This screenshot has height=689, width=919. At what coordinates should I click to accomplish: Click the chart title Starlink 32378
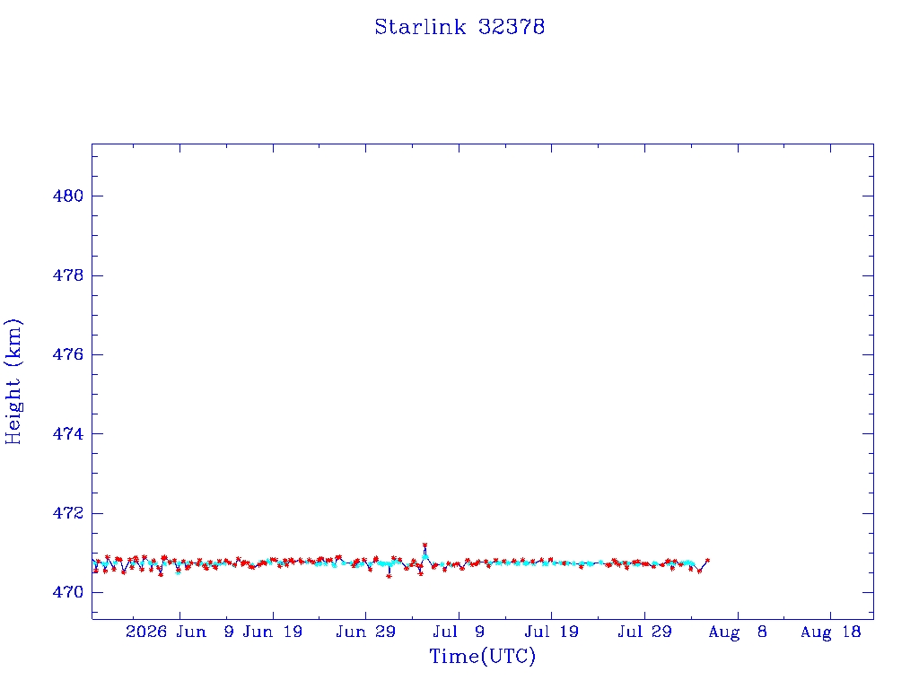click(x=459, y=27)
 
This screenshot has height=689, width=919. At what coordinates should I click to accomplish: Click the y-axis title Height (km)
click(x=13, y=381)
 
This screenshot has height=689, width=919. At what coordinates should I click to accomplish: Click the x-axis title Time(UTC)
click(x=482, y=656)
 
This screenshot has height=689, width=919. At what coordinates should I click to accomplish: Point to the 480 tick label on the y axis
click(x=68, y=196)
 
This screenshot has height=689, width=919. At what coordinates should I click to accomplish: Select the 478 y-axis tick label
click(x=68, y=275)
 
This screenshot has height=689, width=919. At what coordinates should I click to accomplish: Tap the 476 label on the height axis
click(x=68, y=354)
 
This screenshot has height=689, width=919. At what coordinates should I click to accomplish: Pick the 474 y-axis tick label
click(x=68, y=433)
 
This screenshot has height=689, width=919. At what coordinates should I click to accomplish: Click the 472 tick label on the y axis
click(x=68, y=513)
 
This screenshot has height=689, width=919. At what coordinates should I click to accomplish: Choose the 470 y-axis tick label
click(x=68, y=592)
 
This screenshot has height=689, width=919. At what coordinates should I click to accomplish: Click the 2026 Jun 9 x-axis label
click(x=179, y=632)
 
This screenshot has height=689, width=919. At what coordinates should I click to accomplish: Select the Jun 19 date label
click(x=273, y=632)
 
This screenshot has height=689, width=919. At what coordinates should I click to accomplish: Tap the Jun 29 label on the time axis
click(x=366, y=632)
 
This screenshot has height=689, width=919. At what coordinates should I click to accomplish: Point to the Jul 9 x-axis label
click(x=459, y=632)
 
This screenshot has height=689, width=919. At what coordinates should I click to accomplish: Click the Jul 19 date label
click(x=552, y=632)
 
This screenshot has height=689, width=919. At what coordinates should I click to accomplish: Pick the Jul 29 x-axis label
click(x=644, y=632)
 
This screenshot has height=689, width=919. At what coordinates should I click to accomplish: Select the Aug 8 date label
click(x=738, y=632)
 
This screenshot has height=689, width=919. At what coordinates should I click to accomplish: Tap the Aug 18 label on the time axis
click(x=830, y=632)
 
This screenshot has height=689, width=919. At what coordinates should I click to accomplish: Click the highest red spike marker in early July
click(x=424, y=545)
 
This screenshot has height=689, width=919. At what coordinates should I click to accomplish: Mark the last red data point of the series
click(x=707, y=561)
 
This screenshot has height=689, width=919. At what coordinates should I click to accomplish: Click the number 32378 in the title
click(x=512, y=27)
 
